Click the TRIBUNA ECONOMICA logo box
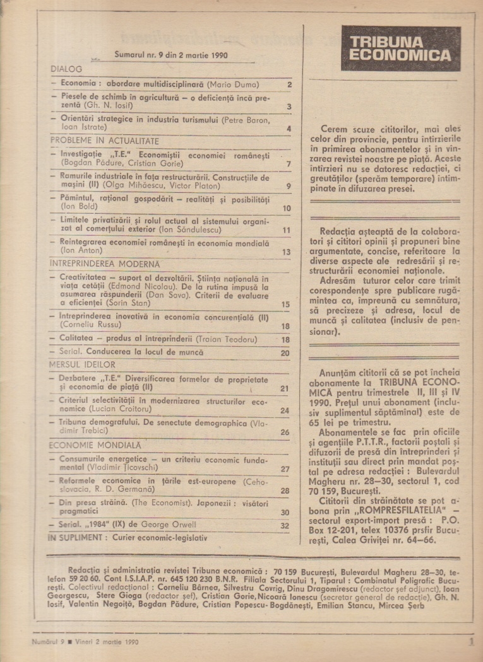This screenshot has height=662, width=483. (400, 48)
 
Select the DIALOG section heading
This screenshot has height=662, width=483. (66, 69)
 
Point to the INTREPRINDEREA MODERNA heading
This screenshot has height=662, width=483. (104, 264)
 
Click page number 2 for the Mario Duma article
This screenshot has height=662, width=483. (289, 84)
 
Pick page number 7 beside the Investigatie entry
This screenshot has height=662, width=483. (288, 165)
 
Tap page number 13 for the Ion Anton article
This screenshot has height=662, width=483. (286, 252)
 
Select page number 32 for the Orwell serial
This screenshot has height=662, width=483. (285, 525)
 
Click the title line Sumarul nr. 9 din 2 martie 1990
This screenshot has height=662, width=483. (171, 55)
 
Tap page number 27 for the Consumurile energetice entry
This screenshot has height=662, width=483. (285, 469)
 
